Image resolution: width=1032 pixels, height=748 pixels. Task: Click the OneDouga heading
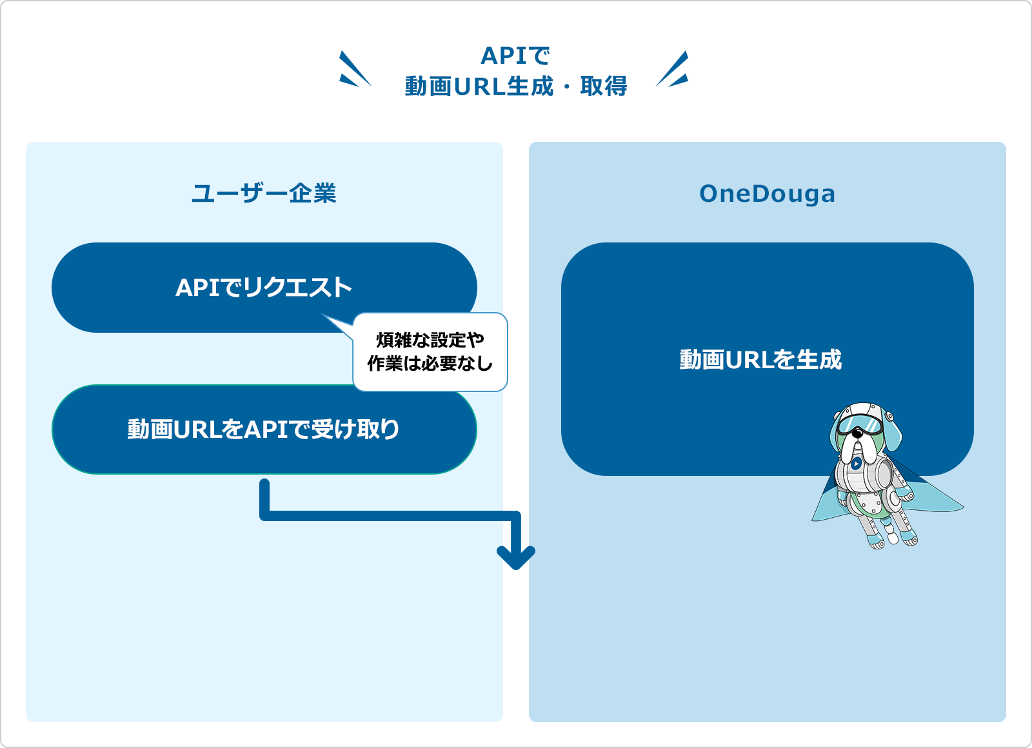tap(767, 194)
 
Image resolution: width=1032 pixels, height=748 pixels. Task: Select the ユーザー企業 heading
tap(264, 193)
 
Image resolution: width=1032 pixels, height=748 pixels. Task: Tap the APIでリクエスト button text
tap(264, 288)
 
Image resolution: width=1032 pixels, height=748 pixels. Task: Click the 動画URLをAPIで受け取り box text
tap(264, 429)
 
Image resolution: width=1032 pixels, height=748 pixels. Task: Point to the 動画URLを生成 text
tap(760, 360)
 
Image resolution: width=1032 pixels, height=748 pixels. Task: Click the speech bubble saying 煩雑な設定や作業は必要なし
tap(430, 352)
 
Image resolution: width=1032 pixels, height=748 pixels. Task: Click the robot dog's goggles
tap(860, 425)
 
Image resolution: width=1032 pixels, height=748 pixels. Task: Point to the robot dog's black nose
tap(857, 433)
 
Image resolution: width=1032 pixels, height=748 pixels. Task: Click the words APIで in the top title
tap(515, 56)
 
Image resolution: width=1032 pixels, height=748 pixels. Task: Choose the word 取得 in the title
tap(604, 86)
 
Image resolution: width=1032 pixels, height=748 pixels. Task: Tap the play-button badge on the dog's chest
tap(856, 464)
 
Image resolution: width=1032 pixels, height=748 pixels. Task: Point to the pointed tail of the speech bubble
tap(322, 315)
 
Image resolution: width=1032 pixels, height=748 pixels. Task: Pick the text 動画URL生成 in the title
tap(479, 86)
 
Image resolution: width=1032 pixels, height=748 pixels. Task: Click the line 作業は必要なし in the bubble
tap(430, 364)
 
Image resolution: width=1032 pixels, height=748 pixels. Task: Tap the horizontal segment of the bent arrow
tap(390, 516)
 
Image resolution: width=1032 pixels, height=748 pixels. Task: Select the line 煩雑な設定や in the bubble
tap(430, 340)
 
